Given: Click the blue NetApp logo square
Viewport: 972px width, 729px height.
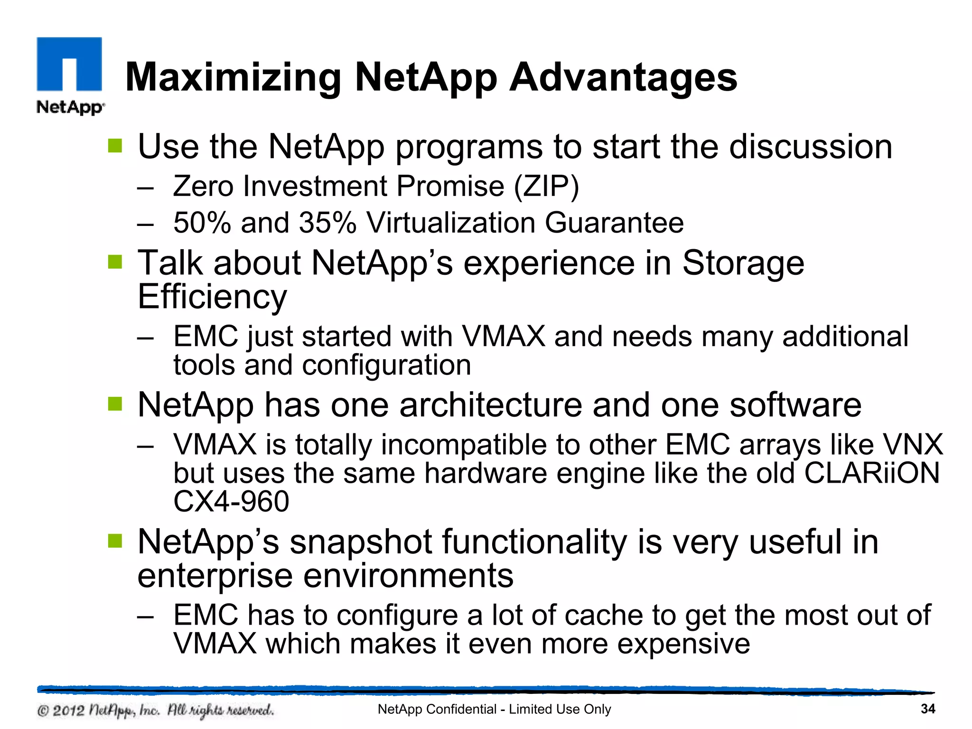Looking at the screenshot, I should pos(69,64).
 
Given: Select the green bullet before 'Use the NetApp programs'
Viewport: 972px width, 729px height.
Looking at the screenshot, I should pos(115,146).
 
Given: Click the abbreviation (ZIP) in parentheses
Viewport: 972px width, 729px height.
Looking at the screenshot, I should pos(546,186).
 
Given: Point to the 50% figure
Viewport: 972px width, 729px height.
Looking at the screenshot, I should pos(202,223).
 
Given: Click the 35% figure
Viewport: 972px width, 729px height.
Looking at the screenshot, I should pos(327,223).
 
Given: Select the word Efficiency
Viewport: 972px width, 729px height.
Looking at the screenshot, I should pos(212,297).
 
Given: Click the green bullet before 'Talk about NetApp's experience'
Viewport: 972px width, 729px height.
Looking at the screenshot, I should pos(115,262).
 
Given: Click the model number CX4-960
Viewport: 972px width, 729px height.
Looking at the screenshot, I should pos(231,502).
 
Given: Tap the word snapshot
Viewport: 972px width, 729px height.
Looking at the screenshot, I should pos(361,542).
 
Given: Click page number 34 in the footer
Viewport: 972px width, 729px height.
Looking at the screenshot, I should pos(927,709).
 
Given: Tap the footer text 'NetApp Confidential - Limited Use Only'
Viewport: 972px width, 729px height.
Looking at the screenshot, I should pos(494,709).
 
